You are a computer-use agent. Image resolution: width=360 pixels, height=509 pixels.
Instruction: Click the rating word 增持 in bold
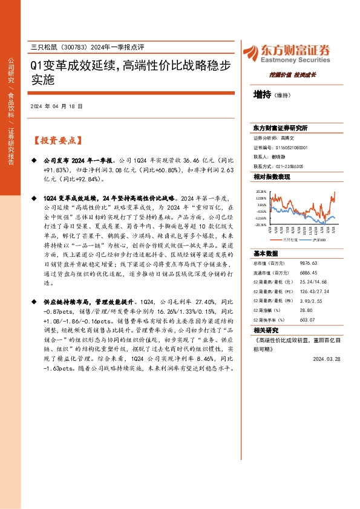263,94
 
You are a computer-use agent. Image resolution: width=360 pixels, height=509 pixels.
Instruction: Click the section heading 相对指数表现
272,177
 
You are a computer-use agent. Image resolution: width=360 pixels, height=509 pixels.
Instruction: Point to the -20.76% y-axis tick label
260,224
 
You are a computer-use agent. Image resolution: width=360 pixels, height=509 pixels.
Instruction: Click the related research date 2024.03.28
327,358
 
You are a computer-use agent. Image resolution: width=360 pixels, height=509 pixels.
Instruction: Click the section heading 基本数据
266,253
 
